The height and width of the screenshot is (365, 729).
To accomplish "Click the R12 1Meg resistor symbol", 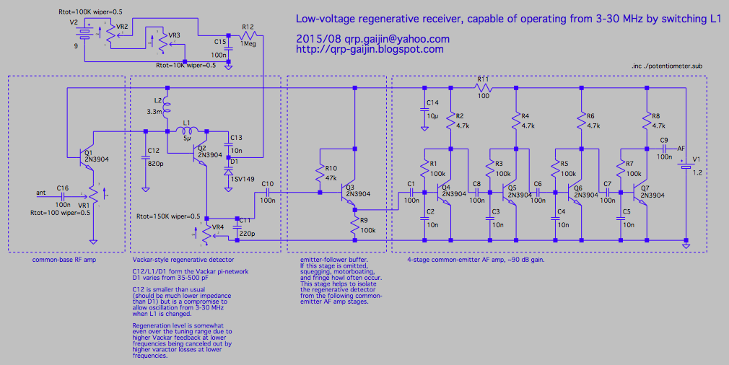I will (x=248, y=34).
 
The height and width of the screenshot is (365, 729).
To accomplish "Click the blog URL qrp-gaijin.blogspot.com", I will (x=370, y=50).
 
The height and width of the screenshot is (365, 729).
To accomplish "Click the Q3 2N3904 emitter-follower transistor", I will (x=352, y=193).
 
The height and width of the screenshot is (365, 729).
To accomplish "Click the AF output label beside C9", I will (x=681, y=148).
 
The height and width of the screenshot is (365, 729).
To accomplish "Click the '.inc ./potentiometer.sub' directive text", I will (x=665, y=66).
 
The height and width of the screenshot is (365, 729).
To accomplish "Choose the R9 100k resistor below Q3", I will (x=354, y=227).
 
